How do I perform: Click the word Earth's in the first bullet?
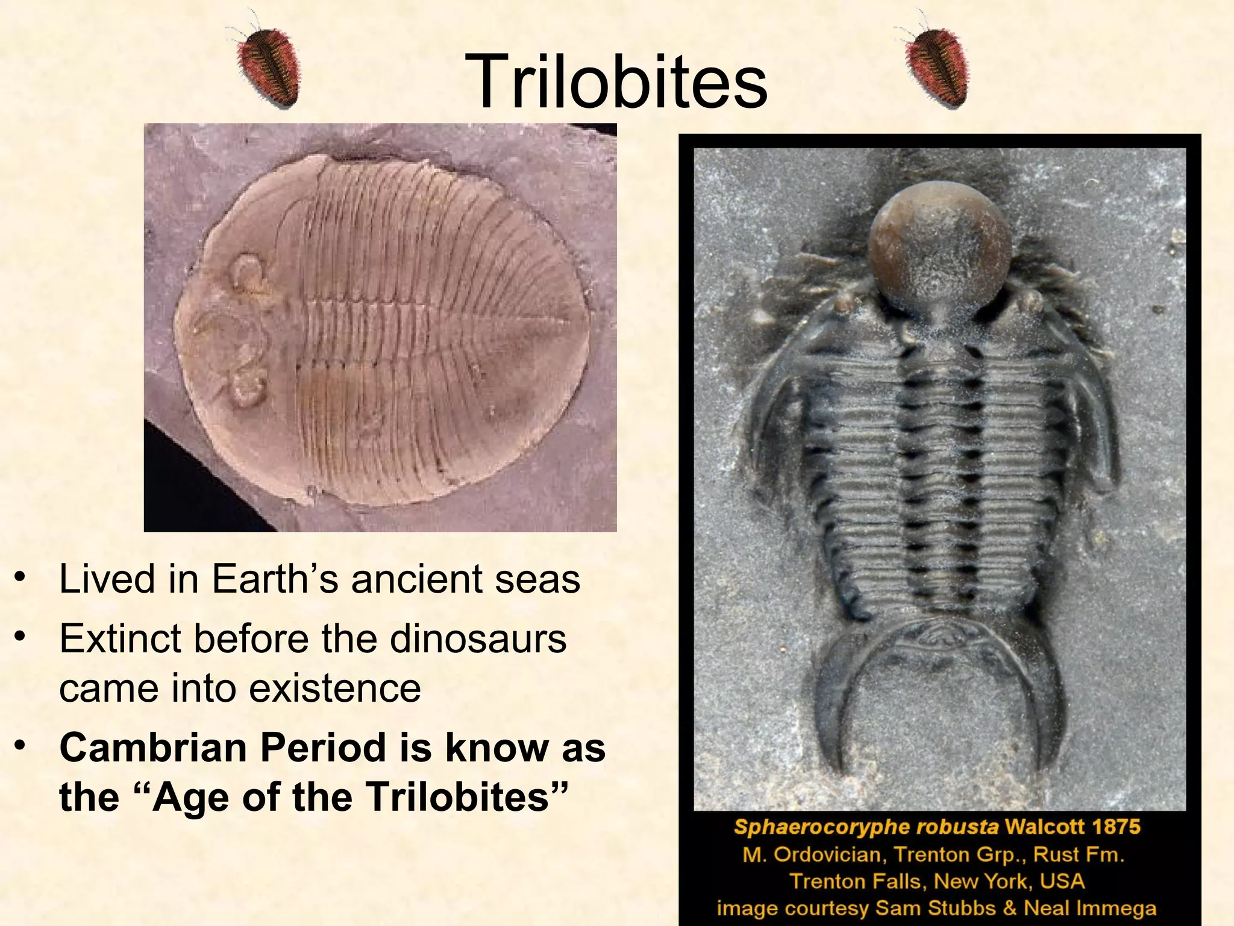275,579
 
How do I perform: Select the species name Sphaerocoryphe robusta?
866,827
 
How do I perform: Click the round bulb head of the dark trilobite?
940,244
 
